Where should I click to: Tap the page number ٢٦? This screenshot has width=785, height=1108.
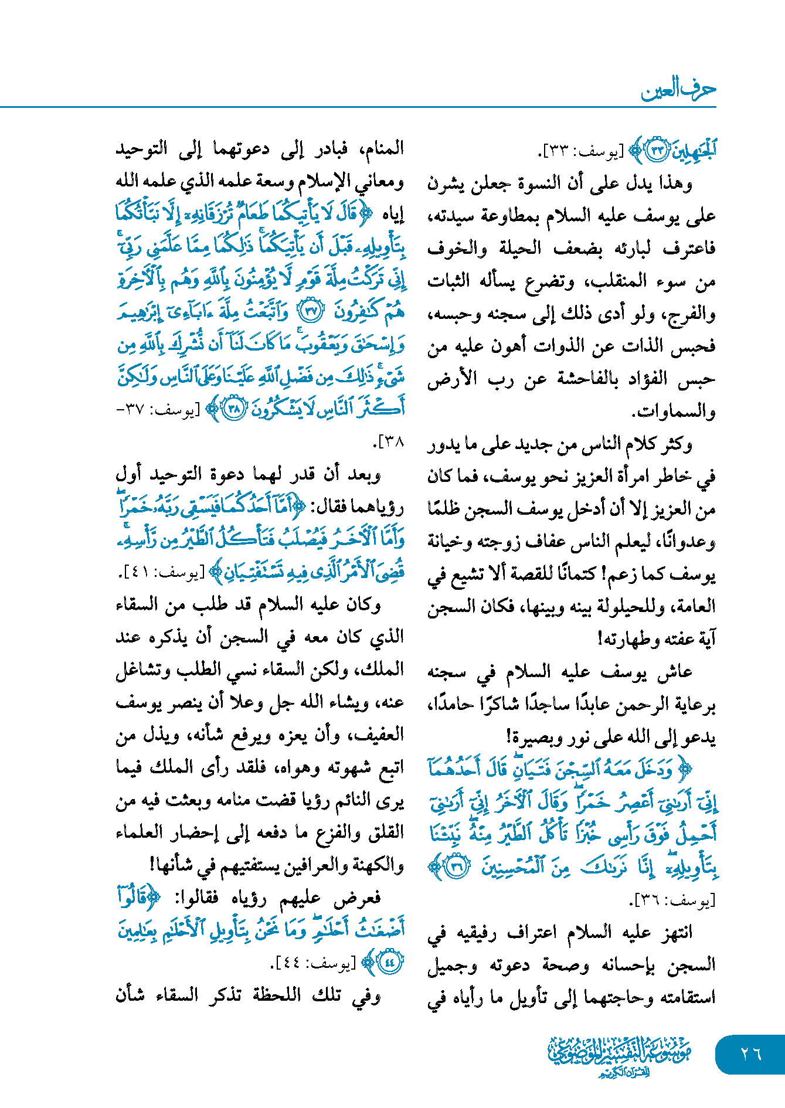[751, 1054]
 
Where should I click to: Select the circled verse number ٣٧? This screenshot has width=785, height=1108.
[311, 312]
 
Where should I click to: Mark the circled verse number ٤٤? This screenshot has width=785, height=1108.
[390, 962]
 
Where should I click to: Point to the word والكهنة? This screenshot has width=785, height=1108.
[382, 865]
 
